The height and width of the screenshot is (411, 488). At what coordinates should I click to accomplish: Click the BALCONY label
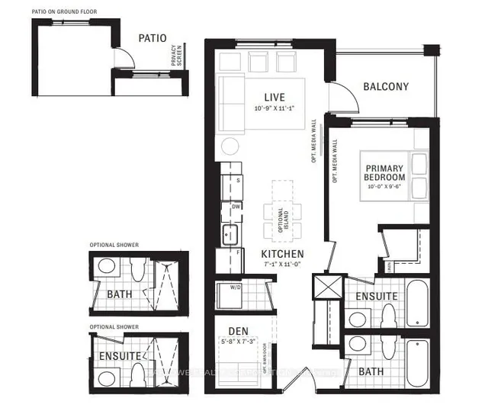click(385, 87)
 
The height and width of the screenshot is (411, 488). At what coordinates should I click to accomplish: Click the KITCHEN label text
click(282, 253)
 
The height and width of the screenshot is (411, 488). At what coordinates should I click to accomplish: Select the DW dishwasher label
click(238, 206)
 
